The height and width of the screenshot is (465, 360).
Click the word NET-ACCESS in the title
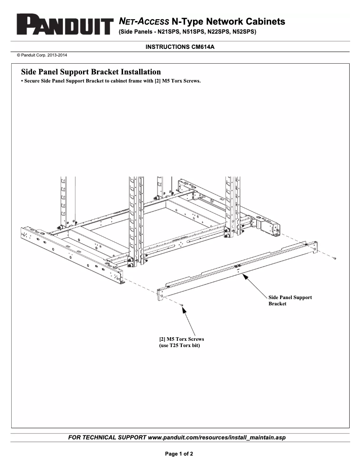point(144,22)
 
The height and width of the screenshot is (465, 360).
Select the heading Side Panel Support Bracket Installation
point(91,72)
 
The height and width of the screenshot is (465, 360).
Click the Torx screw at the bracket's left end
point(181,304)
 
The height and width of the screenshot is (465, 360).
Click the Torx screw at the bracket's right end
point(335,258)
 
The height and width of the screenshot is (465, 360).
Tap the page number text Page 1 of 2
point(180,454)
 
